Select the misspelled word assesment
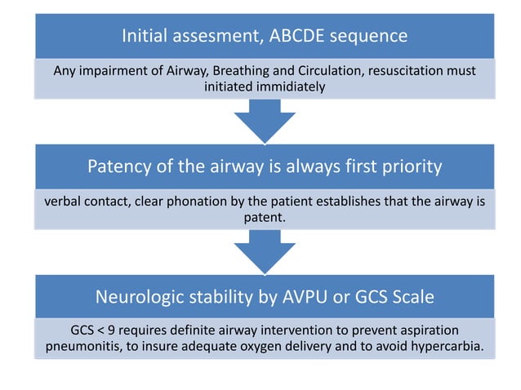(219, 36)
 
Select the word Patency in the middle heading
(120, 167)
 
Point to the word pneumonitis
(81, 348)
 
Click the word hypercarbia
(448, 348)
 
